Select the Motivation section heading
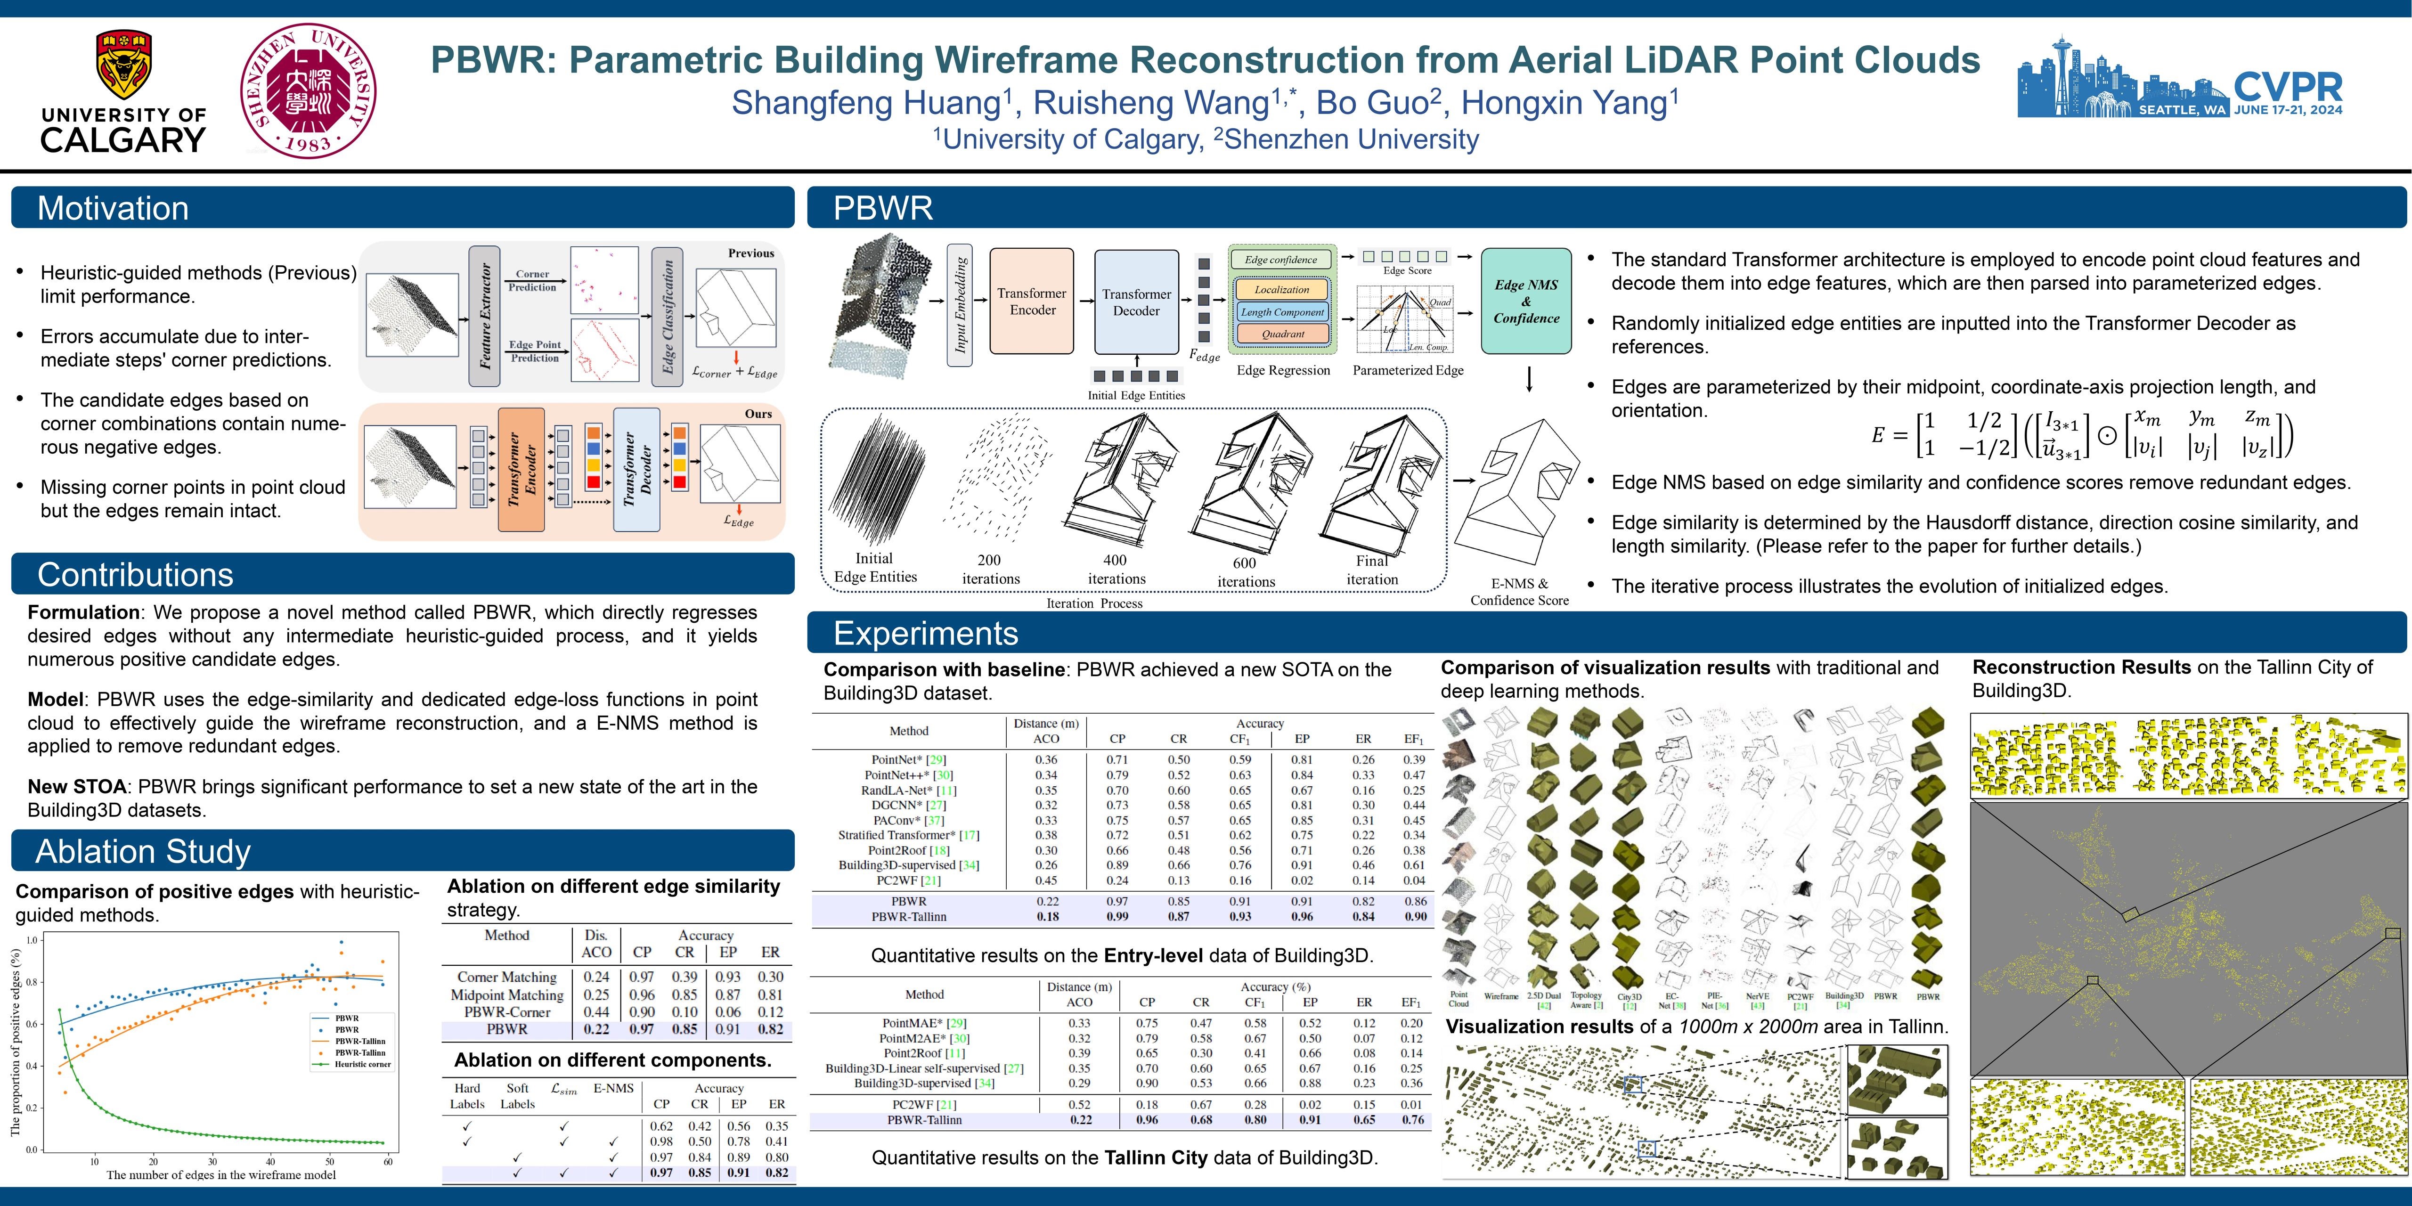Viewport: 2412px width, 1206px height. (113, 208)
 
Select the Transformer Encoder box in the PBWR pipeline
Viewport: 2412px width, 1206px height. (1032, 301)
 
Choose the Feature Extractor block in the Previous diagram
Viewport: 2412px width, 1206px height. (484, 317)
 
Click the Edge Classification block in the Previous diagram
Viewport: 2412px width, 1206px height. (667, 317)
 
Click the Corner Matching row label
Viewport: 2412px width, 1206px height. (506, 977)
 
